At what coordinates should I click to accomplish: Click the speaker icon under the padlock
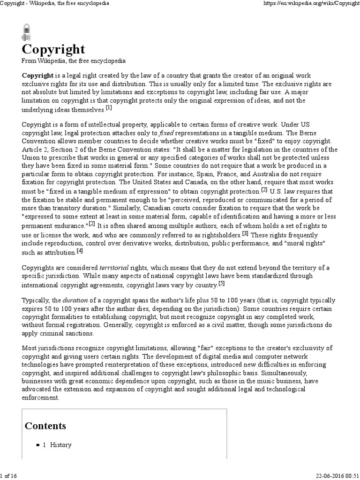26,37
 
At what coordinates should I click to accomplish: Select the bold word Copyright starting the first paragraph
37,75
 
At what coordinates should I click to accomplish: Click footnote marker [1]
109,108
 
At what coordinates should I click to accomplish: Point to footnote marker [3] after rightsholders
245,233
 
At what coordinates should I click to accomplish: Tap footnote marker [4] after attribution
80,251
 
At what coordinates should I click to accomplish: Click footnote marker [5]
221,284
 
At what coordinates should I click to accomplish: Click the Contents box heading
45,426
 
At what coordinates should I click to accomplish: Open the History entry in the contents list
60,444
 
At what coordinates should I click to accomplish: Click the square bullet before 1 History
37,445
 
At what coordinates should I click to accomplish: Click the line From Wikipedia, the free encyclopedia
74,61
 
